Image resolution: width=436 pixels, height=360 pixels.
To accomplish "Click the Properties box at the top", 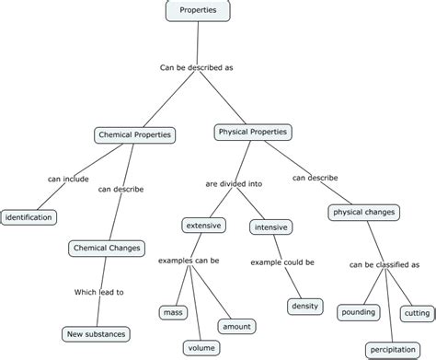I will coord(199,10).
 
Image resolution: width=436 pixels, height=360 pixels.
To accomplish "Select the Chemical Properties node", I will coord(135,135).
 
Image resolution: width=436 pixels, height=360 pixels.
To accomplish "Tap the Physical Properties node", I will coord(253,133).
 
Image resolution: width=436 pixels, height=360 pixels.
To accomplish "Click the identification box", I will coord(28,217).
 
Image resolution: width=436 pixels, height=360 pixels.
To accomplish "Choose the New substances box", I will coord(95,333).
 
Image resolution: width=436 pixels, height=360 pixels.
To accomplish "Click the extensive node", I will coord(204,225).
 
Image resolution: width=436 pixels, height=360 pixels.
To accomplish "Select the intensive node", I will coord(270,226).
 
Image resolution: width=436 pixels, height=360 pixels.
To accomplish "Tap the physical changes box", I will coord(362,213).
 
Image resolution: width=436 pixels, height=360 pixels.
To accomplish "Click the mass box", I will coord(172,312).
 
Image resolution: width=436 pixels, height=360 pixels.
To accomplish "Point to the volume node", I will coord(201,347).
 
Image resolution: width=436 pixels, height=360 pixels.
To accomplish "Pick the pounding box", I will coord(358,313).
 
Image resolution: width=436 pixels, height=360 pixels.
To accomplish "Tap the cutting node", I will coord(417,313).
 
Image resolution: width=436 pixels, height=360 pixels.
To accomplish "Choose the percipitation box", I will coord(393,350).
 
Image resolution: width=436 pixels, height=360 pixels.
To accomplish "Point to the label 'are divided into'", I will coord(234,183).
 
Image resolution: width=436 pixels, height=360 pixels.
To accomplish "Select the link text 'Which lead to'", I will coord(98,292).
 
